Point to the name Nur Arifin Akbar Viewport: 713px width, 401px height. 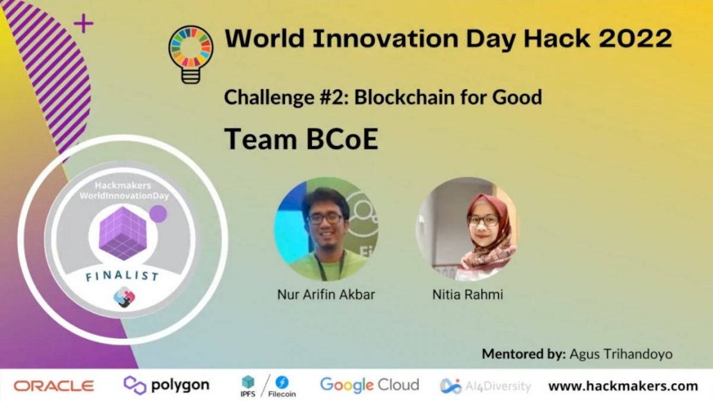click(326, 294)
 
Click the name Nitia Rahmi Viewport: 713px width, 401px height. click(468, 294)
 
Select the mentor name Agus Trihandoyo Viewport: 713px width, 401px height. click(621, 354)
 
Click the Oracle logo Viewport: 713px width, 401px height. click(53, 386)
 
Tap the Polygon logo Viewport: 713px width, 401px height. click(166, 385)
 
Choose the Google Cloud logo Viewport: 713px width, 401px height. click(369, 385)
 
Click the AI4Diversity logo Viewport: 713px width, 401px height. click(485, 386)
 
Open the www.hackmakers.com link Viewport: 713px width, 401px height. click(623, 386)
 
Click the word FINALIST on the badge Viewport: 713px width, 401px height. click(122, 276)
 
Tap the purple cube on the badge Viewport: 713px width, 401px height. click(122, 233)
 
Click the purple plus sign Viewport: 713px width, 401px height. click(84, 24)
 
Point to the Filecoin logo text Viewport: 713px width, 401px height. click(282, 393)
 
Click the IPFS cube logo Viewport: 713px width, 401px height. click(248, 382)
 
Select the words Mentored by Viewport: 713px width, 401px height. click(523, 354)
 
